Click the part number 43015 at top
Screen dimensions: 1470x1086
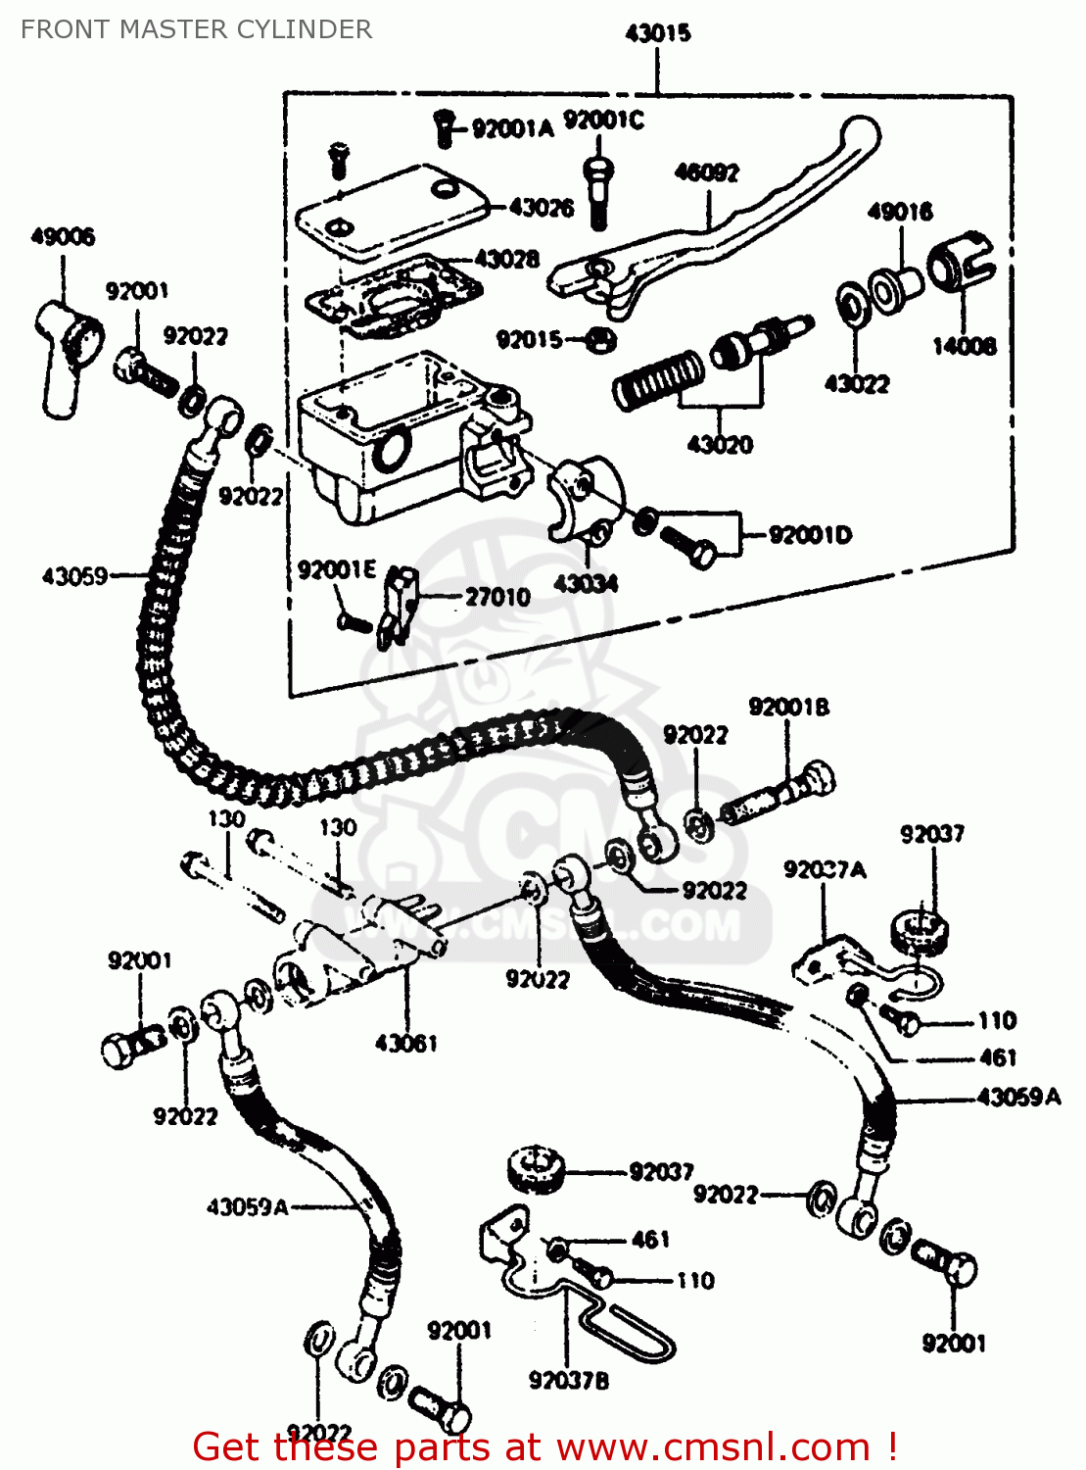[657, 33]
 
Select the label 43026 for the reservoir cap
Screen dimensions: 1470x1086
[541, 208]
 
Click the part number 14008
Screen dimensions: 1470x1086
[964, 346]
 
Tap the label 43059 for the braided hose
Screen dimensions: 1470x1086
[74, 576]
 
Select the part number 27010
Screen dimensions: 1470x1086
[497, 597]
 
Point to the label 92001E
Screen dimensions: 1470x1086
[336, 570]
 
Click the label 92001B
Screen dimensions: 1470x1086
[788, 707]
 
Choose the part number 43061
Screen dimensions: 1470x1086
[405, 1043]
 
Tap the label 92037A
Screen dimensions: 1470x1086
[825, 869]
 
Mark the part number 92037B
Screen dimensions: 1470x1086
[568, 1380]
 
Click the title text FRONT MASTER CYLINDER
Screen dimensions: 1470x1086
[196, 29]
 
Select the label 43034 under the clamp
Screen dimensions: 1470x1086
[585, 584]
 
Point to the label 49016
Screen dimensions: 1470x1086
[899, 212]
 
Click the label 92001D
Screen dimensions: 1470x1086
[810, 535]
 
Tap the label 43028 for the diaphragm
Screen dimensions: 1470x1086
[506, 259]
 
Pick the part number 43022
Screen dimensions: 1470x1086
[856, 384]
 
